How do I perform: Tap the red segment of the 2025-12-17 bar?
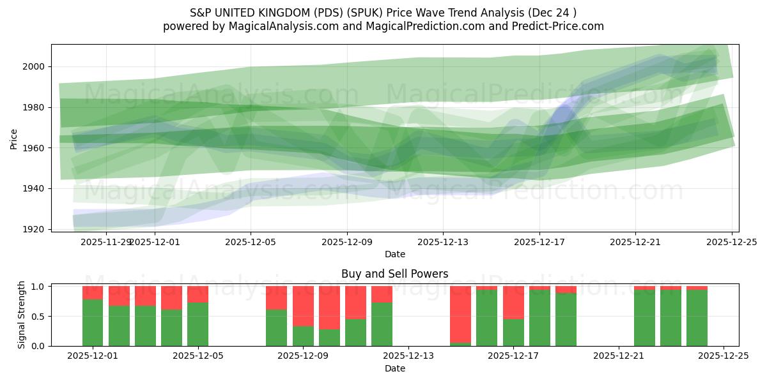point(513,302)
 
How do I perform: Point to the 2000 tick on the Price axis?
point(36,66)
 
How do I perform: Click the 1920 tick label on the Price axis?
point(36,229)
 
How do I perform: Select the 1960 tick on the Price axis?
point(36,148)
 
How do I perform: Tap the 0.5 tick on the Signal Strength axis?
point(40,316)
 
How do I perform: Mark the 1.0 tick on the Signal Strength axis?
point(40,287)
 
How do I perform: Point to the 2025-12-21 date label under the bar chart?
point(619,356)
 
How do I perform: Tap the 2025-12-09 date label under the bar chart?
point(303,356)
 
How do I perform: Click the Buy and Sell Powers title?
point(394,274)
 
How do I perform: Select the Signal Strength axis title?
point(22,314)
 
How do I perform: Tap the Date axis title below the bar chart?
point(394,368)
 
